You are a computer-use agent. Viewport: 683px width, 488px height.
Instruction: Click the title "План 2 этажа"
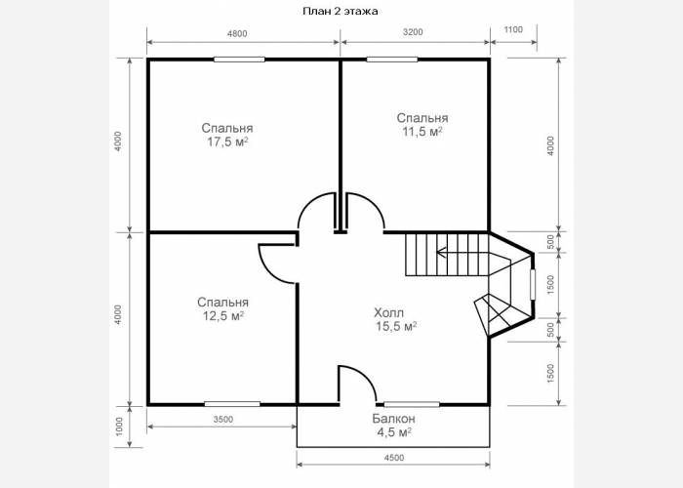coord(341,12)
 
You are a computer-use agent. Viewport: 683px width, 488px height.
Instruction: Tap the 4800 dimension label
coord(237,33)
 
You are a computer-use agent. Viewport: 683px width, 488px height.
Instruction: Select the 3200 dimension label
coord(413,32)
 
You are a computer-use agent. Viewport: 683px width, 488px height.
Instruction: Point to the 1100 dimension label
coord(513,29)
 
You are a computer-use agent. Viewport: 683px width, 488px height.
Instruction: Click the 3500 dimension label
coord(223,419)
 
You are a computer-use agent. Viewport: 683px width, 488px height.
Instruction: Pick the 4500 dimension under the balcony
coord(394,458)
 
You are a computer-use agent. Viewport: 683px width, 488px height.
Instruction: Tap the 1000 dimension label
coord(119,427)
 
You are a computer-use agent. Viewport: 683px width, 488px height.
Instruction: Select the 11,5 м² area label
coord(422,132)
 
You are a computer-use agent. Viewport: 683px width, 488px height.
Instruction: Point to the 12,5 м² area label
coord(223,316)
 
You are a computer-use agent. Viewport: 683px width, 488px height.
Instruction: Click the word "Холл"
coord(389,312)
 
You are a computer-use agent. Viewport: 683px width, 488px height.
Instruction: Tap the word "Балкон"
coord(394,419)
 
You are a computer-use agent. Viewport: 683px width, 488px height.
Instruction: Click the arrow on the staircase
coord(461,252)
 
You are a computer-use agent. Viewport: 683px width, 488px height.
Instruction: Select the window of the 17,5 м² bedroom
coord(239,60)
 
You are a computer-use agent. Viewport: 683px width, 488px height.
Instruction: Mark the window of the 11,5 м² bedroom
coord(392,60)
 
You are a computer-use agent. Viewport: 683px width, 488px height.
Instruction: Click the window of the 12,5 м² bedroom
coord(232,404)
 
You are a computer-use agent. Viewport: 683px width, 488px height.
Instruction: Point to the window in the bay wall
coord(533,285)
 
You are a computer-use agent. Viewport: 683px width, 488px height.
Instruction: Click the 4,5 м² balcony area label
coord(394,432)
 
